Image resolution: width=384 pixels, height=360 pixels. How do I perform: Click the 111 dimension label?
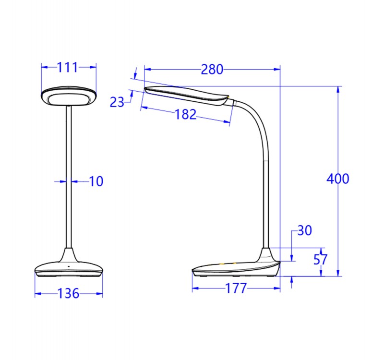click(x=68, y=68)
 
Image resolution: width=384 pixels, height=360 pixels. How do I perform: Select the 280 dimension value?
click(x=212, y=70)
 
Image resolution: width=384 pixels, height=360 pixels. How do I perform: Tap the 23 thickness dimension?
click(x=117, y=102)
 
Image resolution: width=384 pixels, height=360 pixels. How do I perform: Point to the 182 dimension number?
click(x=185, y=114)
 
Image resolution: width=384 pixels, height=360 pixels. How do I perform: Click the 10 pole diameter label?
click(x=96, y=181)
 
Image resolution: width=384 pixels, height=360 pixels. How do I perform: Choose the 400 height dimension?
click(x=338, y=179)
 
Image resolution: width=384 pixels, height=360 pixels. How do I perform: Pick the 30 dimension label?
click(x=304, y=231)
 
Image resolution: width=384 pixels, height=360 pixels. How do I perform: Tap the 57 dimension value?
click(x=320, y=260)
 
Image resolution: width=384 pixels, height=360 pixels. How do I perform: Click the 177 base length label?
click(x=236, y=288)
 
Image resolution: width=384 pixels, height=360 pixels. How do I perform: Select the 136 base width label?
click(x=69, y=293)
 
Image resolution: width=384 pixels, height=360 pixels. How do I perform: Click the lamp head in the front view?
click(x=68, y=97)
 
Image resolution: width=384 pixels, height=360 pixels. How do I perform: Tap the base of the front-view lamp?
click(x=69, y=269)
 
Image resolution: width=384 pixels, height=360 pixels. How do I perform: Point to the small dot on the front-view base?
click(x=69, y=266)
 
